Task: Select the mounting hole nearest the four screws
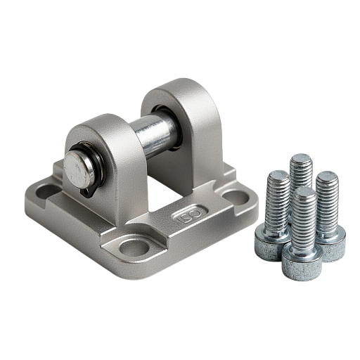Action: tap(236, 198)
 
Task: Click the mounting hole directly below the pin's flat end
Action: tap(46, 191)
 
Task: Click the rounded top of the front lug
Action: tap(100, 124)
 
